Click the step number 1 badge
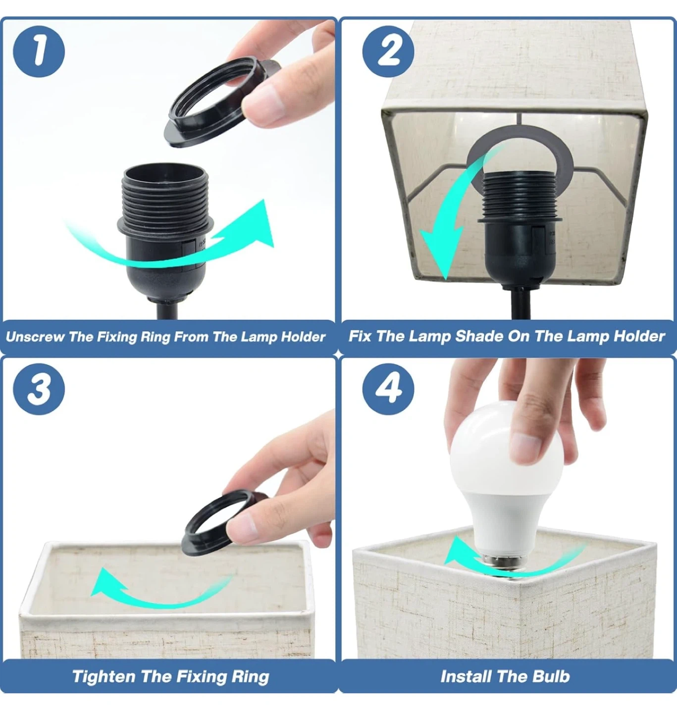click(39, 51)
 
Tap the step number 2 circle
click(388, 51)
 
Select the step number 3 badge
click(39, 389)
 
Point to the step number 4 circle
click(388, 389)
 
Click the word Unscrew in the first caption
click(36, 337)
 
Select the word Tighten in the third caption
click(104, 677)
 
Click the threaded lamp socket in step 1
click(165, 232)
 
